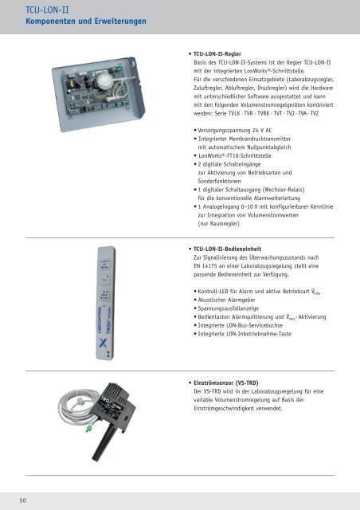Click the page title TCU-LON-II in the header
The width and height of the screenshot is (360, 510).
(x=47, y=10)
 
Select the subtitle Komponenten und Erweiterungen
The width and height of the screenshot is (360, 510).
(x=86, y=22)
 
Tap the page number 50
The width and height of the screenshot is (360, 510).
(x=23, y=500)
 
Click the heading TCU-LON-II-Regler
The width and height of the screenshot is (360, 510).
(x=217, y=54)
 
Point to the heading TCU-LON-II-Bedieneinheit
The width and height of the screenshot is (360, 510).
(x=227, y=249)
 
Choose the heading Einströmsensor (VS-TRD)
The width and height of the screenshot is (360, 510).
(x=226, y=383)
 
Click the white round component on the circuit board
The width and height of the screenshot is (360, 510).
(x=104, y=81)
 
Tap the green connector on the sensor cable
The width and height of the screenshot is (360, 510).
(x=88, y=429)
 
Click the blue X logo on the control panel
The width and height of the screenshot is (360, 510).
(x=103, y=343)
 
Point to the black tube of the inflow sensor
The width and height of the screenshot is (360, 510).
(x=104, y=443)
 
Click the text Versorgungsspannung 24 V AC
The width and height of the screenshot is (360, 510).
(x=235, y=131)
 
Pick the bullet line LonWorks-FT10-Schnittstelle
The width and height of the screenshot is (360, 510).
(x=235, y=156)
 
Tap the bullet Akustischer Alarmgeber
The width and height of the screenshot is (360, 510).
(x=227, y=300)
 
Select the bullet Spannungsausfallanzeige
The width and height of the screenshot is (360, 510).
(x=229, y=308)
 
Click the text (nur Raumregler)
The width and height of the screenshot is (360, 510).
(x=218, y=224)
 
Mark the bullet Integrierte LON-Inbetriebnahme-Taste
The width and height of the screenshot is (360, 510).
(x=245, y=334)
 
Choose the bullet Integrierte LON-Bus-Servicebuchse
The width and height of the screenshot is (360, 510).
(x=241, y=325)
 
